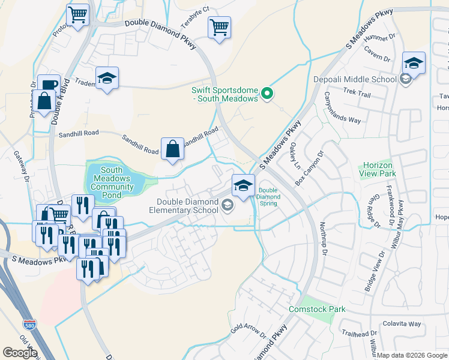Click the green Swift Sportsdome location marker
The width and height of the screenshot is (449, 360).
click(268, 94)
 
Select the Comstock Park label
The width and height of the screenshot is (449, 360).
click(317, 309)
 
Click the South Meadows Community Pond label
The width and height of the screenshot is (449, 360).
click(112, 179)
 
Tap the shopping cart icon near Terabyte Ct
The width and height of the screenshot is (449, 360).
click(220, 27)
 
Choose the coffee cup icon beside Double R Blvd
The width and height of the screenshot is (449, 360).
click(48, 85)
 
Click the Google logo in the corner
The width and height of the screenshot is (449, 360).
click(20, 353)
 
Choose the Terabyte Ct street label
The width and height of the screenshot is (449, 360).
click(196, 10)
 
